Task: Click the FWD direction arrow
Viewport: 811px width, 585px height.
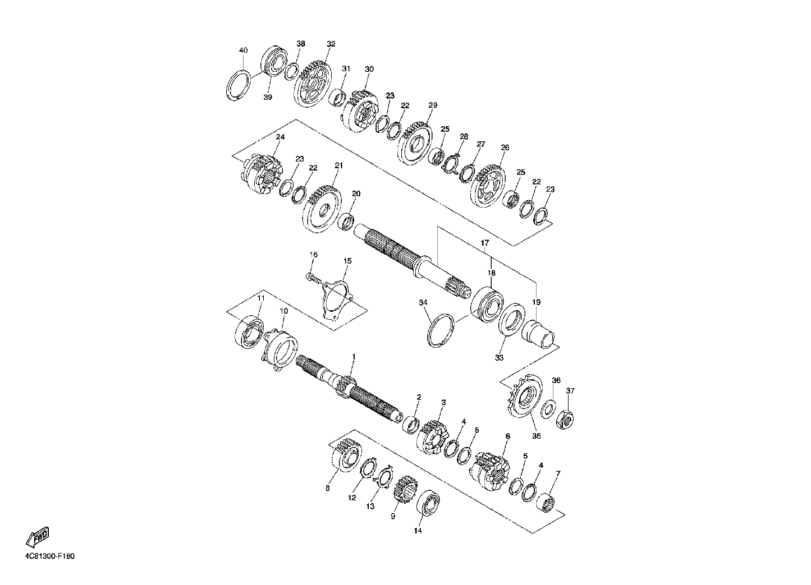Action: point(37,537)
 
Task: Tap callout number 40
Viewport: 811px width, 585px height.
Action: point(244,50)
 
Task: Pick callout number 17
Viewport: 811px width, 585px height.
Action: point(485,243)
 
